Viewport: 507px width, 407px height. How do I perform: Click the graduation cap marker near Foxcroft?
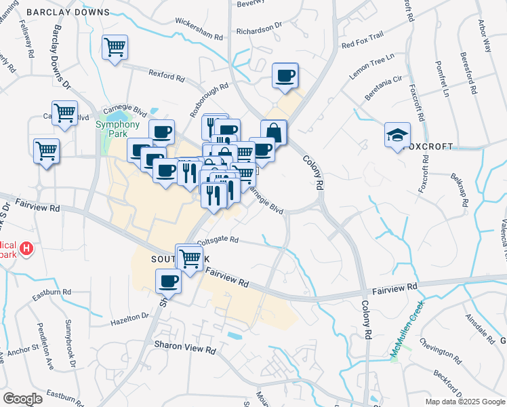[x=397, y=134]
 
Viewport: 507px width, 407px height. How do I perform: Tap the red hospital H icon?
[x=26, y=249]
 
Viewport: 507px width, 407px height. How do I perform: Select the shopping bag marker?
[x=274, y=132]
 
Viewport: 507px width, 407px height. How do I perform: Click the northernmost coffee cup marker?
[x=285, y=75]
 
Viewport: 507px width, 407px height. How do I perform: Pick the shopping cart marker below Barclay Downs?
[x=115, y=47]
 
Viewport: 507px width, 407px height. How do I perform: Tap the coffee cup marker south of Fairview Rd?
[x=168, y=280]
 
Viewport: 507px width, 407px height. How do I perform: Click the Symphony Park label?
[x=117, y=129]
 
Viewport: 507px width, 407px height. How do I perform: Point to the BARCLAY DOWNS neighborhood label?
[x=68, y=12]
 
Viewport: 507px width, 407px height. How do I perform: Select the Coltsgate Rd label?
[x=218, y=239]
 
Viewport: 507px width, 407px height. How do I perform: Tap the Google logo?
[x=23, y=398]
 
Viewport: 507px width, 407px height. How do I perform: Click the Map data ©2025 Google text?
[x=464, y=401]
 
